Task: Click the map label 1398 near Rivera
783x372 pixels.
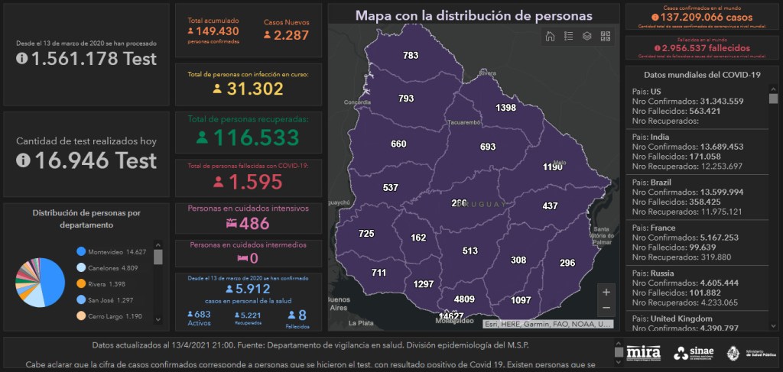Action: (505, 108)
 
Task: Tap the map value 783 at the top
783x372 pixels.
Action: (411, 56)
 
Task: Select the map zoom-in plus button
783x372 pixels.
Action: (606, 292)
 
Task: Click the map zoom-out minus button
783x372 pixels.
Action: (606, 308)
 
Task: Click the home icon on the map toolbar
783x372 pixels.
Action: (550, 36)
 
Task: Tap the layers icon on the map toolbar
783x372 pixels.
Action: (587, 36)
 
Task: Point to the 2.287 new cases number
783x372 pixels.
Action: (291, 36)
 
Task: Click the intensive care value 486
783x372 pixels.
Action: (254, 224)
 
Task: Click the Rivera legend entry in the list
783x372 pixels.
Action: (106, 284)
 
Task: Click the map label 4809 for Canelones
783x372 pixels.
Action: (464, 299)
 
